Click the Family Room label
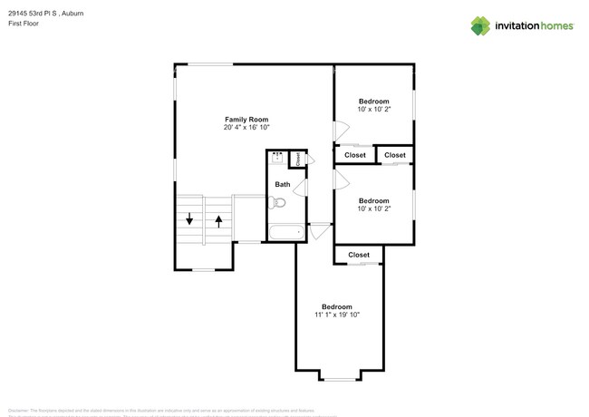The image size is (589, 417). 246,119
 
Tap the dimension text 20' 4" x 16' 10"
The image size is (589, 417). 246,128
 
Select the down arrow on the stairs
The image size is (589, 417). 189,218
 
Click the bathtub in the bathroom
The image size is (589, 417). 287,233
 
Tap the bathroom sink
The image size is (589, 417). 277,159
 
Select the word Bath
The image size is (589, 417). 283,184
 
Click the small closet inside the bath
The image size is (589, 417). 298,159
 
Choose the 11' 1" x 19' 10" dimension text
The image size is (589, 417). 337,315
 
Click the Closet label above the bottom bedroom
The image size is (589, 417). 359,255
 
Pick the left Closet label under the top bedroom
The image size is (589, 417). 355,155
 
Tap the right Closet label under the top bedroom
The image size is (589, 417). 395,155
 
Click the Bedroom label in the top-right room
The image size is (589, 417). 373,101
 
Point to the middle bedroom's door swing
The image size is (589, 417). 341,179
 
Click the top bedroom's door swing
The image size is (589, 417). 341,132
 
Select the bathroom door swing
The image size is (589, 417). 300,189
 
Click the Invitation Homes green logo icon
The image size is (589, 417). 480,25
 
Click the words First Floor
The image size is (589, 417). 24,24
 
